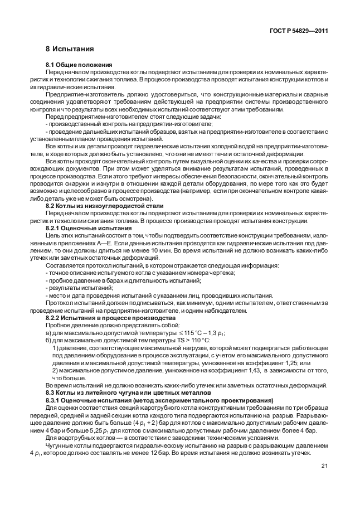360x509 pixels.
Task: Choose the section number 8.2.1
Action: [x=55, y=228]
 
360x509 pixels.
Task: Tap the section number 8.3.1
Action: [x=55, y=400]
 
